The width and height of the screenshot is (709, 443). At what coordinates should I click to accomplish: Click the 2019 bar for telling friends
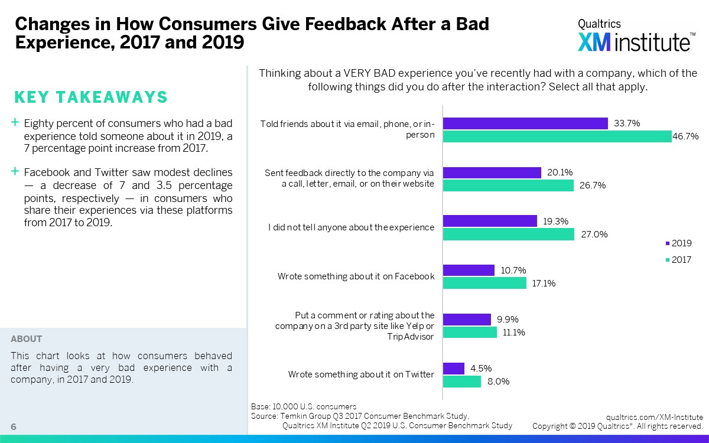pos(525,123)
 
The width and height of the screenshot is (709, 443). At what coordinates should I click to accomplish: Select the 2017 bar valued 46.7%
pos(557,136)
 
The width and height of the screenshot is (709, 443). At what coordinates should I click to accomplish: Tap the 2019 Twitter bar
pos(454,369)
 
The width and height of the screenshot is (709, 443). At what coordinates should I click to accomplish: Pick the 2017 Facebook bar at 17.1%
pos(484,283)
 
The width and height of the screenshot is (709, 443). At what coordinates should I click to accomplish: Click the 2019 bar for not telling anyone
pos(490,221)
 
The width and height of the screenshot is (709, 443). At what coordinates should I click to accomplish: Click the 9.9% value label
pos(506,319)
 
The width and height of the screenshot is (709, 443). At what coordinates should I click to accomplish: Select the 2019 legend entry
pos(678,243)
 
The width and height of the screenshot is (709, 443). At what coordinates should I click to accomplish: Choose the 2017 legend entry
pos(678,260)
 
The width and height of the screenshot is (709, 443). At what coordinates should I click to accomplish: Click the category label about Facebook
pos(356,276)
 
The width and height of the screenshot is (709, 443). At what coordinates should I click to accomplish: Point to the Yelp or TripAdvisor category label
pos(354,325)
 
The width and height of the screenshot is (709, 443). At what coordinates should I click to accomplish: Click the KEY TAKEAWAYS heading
pos(90,97)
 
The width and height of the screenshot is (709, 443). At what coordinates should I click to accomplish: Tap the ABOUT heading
pos(27,339)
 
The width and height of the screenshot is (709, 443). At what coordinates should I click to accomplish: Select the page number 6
pos(13,427)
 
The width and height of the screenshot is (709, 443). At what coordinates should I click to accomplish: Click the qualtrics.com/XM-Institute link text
pos(654,417)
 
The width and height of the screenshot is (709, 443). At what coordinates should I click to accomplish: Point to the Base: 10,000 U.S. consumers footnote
pos(304,406)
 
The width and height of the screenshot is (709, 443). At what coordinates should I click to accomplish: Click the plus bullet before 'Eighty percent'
pos(15,123)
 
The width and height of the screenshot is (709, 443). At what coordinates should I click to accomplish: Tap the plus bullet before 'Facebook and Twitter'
pos(15,172)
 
